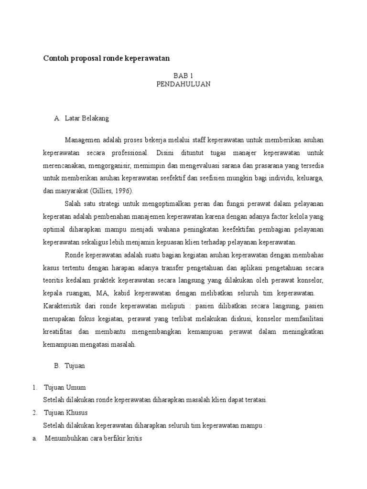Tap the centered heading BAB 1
pyautogui.click(x=183, y=75)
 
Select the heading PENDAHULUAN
pyautogui.click(x=183, y=84)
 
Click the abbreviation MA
pyautogui.click(x=102, y=292)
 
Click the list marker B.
pyautogui.click(x=57, y=366)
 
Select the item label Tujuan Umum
pyautogui.click(x=65, y=387)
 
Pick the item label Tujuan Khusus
pyautogui.click(x=66, y=412)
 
